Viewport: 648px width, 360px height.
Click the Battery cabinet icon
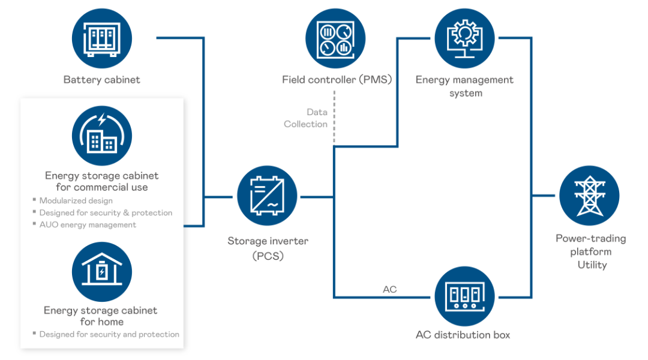tap(102, 38)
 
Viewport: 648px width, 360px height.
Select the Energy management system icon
tap(464, 38)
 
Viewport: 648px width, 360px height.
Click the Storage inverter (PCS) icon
tap(267, 196)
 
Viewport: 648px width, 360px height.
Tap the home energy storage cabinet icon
tap(102, 272)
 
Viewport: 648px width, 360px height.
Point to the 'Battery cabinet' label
tap(102, 80)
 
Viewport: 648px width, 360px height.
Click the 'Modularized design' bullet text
tap(76, 200)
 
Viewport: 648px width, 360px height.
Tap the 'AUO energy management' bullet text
tap(88, 225)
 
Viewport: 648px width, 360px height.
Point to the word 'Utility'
tap(592, 265)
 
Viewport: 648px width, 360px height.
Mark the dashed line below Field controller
tap(334, 117)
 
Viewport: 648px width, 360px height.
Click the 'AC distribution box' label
tap(463, 335)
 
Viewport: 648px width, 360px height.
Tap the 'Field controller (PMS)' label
tap(337, 80)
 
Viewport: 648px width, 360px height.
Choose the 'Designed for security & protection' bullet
tap(106, 213)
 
